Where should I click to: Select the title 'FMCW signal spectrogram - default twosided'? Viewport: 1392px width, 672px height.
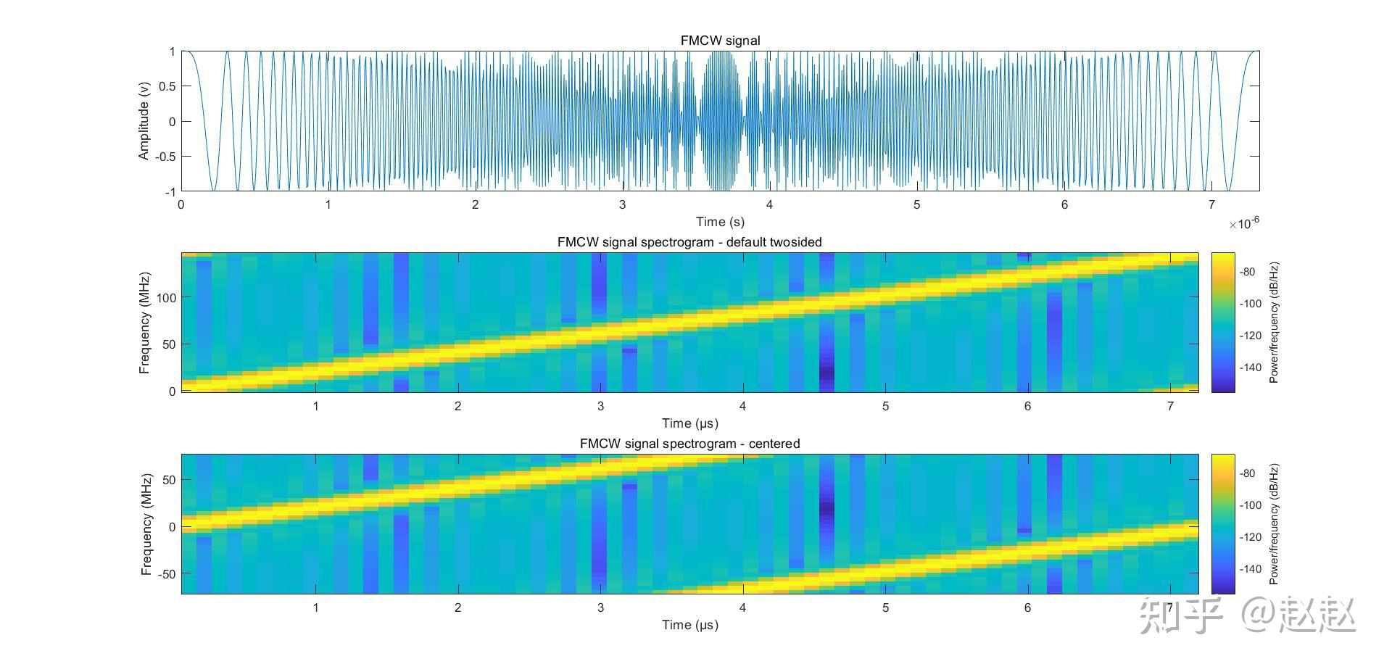pyautogui.click(x=689, y=242)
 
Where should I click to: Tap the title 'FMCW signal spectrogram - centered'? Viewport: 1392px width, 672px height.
pyautogui.click(x=689, y=444)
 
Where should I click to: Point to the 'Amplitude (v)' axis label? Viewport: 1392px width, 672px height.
pyautogui.click(x=144, y=121)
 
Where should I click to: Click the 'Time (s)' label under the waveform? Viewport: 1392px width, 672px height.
pyautogui.click(x=719, y=222)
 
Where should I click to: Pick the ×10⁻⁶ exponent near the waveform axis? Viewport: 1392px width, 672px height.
pyautogui.click(x=1243, y=223)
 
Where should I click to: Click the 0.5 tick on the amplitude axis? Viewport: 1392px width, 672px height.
pyautogui.click(x=167, y=86)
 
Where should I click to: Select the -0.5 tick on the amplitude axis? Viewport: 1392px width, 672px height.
pyautogui.click(x=165, y=157)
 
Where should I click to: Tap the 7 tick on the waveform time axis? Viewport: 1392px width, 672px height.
pyautogui.click(x=1211, y=205)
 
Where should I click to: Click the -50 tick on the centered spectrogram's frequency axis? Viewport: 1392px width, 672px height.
pyautogui.click(x=165, y=574)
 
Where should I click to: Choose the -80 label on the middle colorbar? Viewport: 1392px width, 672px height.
pyautogui.click(x=1247, y=273)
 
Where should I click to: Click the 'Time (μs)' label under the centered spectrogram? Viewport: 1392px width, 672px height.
pyautogui.click(x=689, y=625)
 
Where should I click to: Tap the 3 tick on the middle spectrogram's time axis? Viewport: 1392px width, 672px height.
pyautogui.click(x=600, y=407)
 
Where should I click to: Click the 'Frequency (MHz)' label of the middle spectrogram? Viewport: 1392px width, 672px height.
pyautogui.click(x=145, y=323)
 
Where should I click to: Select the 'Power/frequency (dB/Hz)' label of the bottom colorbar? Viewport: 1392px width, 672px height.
pyautogui.click(x=1274, y=524)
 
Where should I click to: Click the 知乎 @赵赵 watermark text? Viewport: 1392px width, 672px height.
pyautogui.click(x=1246, y=615)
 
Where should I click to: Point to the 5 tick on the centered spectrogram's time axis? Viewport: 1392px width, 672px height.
pyautogui.click(x=885, y=608)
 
